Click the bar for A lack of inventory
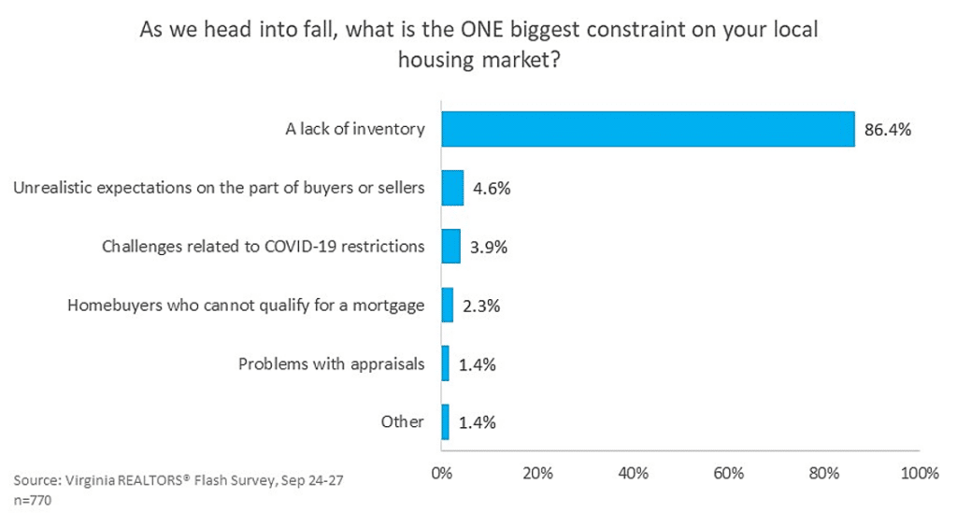tap(648, 129)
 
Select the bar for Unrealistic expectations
tap(452, 188)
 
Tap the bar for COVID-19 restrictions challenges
tap(450, 246)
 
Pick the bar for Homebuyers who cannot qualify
tap(447, 305)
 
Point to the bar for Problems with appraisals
tap(445, 363)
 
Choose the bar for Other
tap(445, 421)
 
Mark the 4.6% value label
tap(490, 188)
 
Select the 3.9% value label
tap(486, 247)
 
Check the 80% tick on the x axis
tap(824, 474)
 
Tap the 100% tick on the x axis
tap(920, 474)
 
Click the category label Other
tap(403, 421)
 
